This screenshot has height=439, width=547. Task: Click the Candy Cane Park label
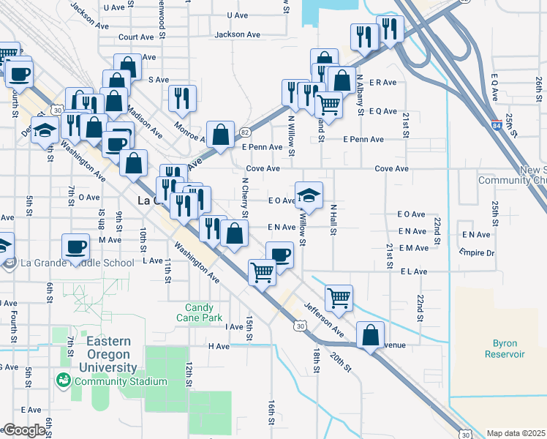[x=198, y=313]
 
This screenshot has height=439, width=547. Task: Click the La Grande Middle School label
[x=78, y=263]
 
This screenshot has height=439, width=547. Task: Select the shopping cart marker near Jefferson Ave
[x=338, y=297]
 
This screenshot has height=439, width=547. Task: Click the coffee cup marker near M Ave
[x=75, y=246]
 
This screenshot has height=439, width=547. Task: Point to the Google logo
[x=24, y=430]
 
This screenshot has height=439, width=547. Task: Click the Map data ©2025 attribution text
[x=516, y=432]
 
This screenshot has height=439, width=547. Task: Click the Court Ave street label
[x=136, y=37]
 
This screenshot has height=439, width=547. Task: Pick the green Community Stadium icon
[x=64, y=380]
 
